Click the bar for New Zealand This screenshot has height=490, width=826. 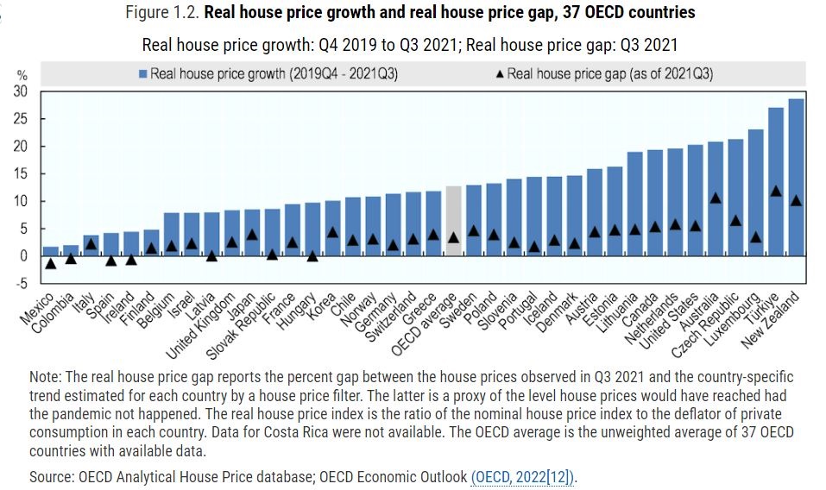(x=796, y=177)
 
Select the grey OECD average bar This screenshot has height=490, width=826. (x=453, y=220)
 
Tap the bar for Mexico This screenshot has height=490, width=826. (x=51, y=251)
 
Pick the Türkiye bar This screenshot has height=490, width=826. (x=776, y=181)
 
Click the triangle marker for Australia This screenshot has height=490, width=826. (x=716, y=198)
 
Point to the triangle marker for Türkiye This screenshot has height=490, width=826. (x=776, y=191)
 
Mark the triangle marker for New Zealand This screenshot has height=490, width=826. (x=796, y=200)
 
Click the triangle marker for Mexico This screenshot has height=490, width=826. (x=51, y=263)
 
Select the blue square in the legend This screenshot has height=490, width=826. (x=142, y=73)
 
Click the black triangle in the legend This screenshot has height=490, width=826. (x=501, y=73)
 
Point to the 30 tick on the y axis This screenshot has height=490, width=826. (x=22, y=91)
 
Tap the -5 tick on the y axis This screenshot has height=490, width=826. (x=23, y=283)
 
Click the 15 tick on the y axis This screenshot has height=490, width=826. (x=22, y=173)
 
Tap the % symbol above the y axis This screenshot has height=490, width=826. (x=22, y=76)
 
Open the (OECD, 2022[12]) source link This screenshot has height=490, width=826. (x=523, y=476)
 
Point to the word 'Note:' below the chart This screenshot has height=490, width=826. (x=45, y=378)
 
